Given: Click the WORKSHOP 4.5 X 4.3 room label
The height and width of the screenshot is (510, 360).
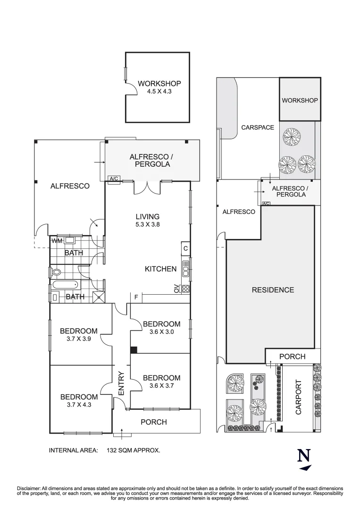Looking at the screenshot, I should point(159,88).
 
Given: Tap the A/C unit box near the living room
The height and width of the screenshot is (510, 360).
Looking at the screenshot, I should point(114,179).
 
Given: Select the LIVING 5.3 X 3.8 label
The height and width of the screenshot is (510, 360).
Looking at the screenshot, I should point(147,221).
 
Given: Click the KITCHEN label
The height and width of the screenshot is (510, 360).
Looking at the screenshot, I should point(160,269).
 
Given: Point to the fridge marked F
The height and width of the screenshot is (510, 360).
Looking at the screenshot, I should point(136,297).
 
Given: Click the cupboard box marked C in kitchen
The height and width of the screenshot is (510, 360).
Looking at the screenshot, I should point(185,248).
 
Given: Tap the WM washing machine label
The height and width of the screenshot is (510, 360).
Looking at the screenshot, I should point(57,241).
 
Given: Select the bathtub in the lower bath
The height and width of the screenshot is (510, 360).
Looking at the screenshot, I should point(66,285).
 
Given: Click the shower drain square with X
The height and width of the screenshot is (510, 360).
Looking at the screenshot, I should point(99,297).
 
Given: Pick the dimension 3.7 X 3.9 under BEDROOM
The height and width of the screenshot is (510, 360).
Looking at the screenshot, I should point(78,339).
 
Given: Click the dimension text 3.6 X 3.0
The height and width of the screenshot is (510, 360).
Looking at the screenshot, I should point(161,331).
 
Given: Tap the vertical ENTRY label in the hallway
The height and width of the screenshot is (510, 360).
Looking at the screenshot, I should point(121,383).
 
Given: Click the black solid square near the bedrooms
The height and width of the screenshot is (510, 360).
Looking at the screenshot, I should point(134,350).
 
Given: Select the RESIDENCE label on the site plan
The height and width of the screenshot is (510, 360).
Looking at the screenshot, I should point(272,290).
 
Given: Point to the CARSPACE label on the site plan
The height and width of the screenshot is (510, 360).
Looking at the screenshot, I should point(257,127).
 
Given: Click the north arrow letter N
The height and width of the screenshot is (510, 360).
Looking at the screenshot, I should point(304,456).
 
